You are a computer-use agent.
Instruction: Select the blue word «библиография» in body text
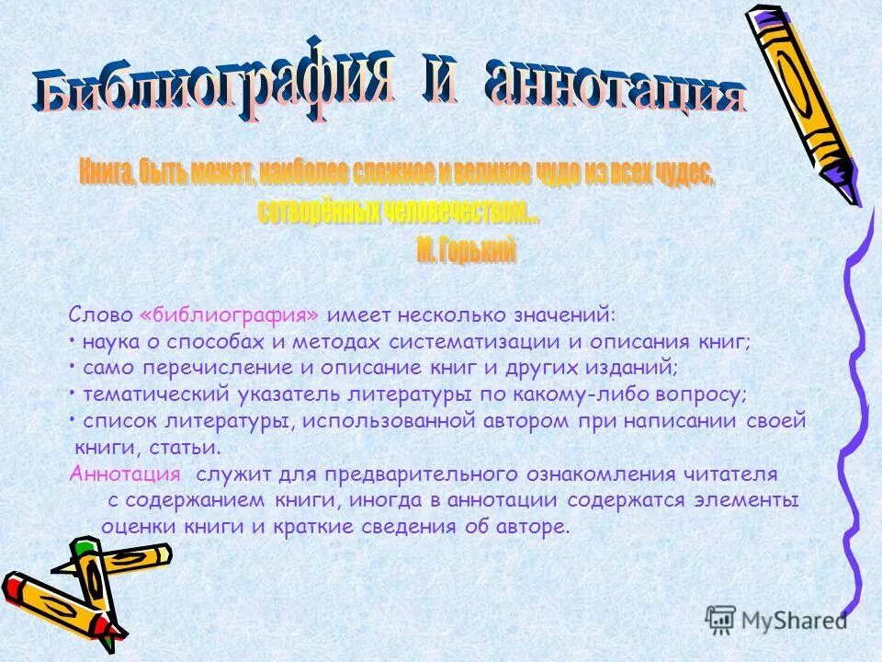[231, 315]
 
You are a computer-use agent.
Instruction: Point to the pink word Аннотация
[125, 474]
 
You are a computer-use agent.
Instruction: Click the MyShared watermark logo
[776, 619]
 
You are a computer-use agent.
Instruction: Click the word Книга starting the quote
[103, 172]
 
